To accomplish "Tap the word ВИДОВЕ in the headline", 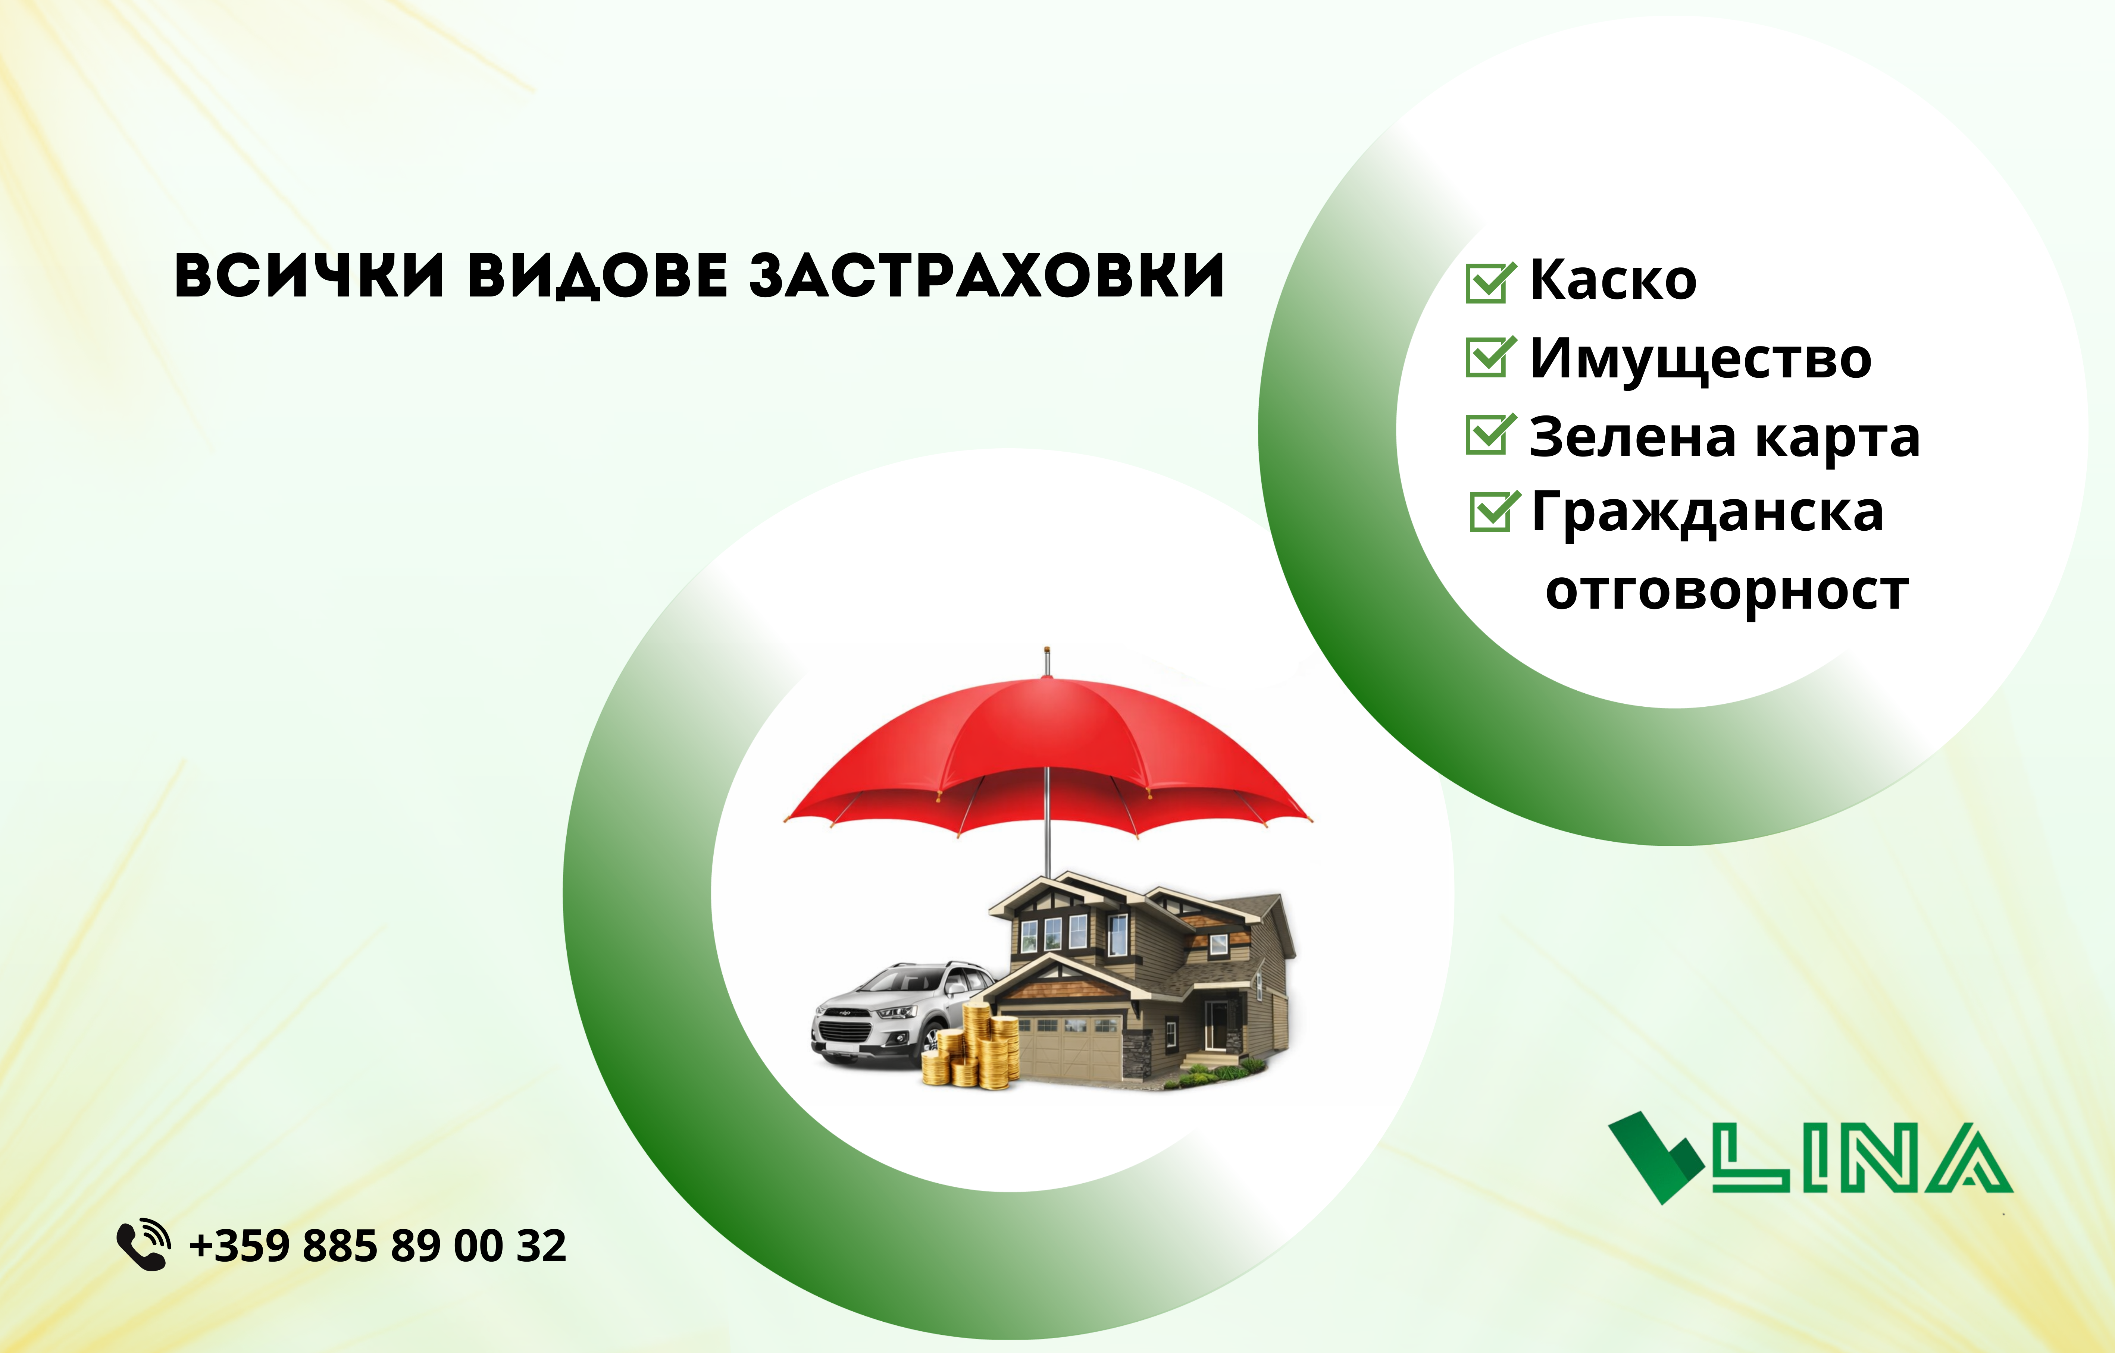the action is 598,276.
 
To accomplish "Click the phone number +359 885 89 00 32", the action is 378,1246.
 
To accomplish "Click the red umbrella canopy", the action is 1047,756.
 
